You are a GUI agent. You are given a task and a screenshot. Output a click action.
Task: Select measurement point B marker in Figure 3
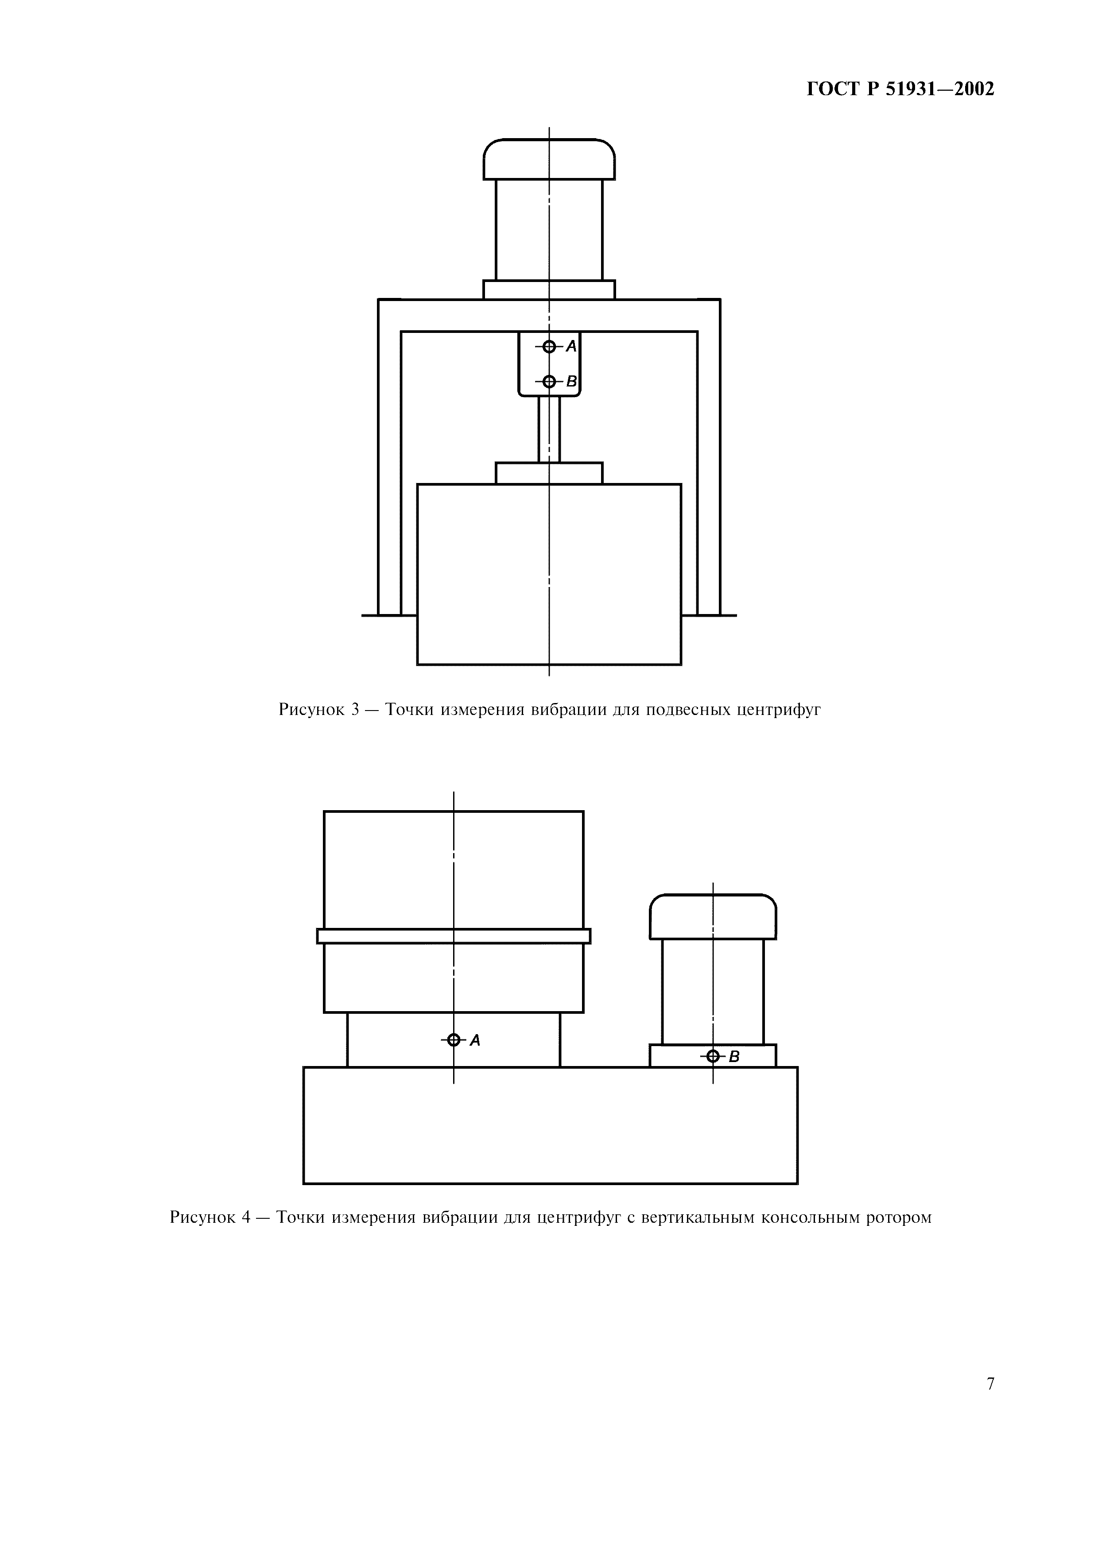click(x=549, y=382)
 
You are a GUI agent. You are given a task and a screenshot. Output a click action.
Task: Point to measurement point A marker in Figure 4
click(x=454, y=1039)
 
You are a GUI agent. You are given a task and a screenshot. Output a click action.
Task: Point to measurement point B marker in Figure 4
click(x=712, y=1056)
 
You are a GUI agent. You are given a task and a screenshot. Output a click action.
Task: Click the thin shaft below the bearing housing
click(x=549, y=429)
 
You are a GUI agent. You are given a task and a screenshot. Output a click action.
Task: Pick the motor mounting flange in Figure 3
click(x=549, y=290)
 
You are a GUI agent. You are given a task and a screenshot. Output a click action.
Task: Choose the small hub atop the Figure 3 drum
click(x=549, y=474)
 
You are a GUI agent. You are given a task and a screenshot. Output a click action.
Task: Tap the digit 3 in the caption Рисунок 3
click(x=356, y=710)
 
